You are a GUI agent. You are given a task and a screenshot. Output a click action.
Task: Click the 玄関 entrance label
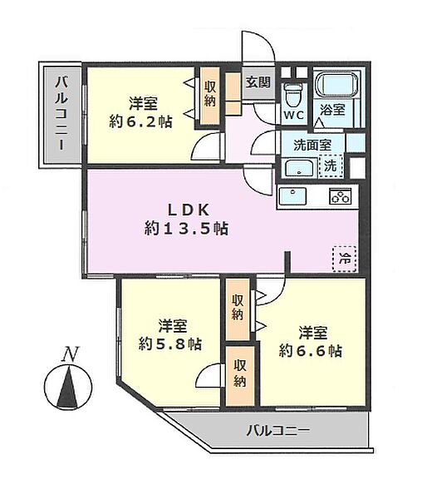click(258, 82)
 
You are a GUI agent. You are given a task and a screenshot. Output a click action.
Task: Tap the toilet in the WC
click(292, 95)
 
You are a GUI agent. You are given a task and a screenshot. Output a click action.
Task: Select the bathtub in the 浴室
click(336, 84)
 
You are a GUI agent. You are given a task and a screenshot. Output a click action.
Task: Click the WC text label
click(293, 116)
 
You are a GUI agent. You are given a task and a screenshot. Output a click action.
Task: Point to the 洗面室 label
click(312, 145)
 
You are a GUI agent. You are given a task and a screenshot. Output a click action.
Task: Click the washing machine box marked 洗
click(331, 166)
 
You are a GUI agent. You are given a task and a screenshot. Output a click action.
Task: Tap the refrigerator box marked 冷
click(345, 259)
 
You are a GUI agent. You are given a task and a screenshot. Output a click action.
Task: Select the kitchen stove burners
click(341, 195)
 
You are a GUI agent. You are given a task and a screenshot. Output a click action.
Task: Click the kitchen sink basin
click(292, 196)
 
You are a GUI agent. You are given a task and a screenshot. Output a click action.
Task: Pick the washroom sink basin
click(299, 168)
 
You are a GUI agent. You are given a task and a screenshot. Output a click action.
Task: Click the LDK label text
click(188, 210)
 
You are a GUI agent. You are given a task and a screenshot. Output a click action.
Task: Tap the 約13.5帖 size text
click(186, 229)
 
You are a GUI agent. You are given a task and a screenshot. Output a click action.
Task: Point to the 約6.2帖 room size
click(141, 122)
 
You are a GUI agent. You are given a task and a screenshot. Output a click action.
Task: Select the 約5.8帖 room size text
click(170, 343)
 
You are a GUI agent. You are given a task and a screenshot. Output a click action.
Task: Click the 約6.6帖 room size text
click(311, 351)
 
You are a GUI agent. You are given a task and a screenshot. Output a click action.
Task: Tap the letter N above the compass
click(71, 354)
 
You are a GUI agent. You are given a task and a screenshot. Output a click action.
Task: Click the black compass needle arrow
click(68, 388)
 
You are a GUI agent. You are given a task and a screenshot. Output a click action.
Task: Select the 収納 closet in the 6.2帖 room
click(209, 96)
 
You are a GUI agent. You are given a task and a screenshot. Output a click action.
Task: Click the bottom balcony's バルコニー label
click(278, 431)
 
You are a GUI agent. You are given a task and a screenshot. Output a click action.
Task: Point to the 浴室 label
click(332, 110)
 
